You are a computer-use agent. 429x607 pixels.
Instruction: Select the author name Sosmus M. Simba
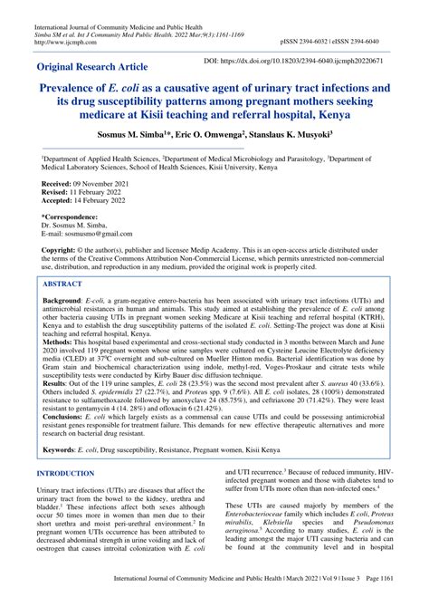pos(115,135)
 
